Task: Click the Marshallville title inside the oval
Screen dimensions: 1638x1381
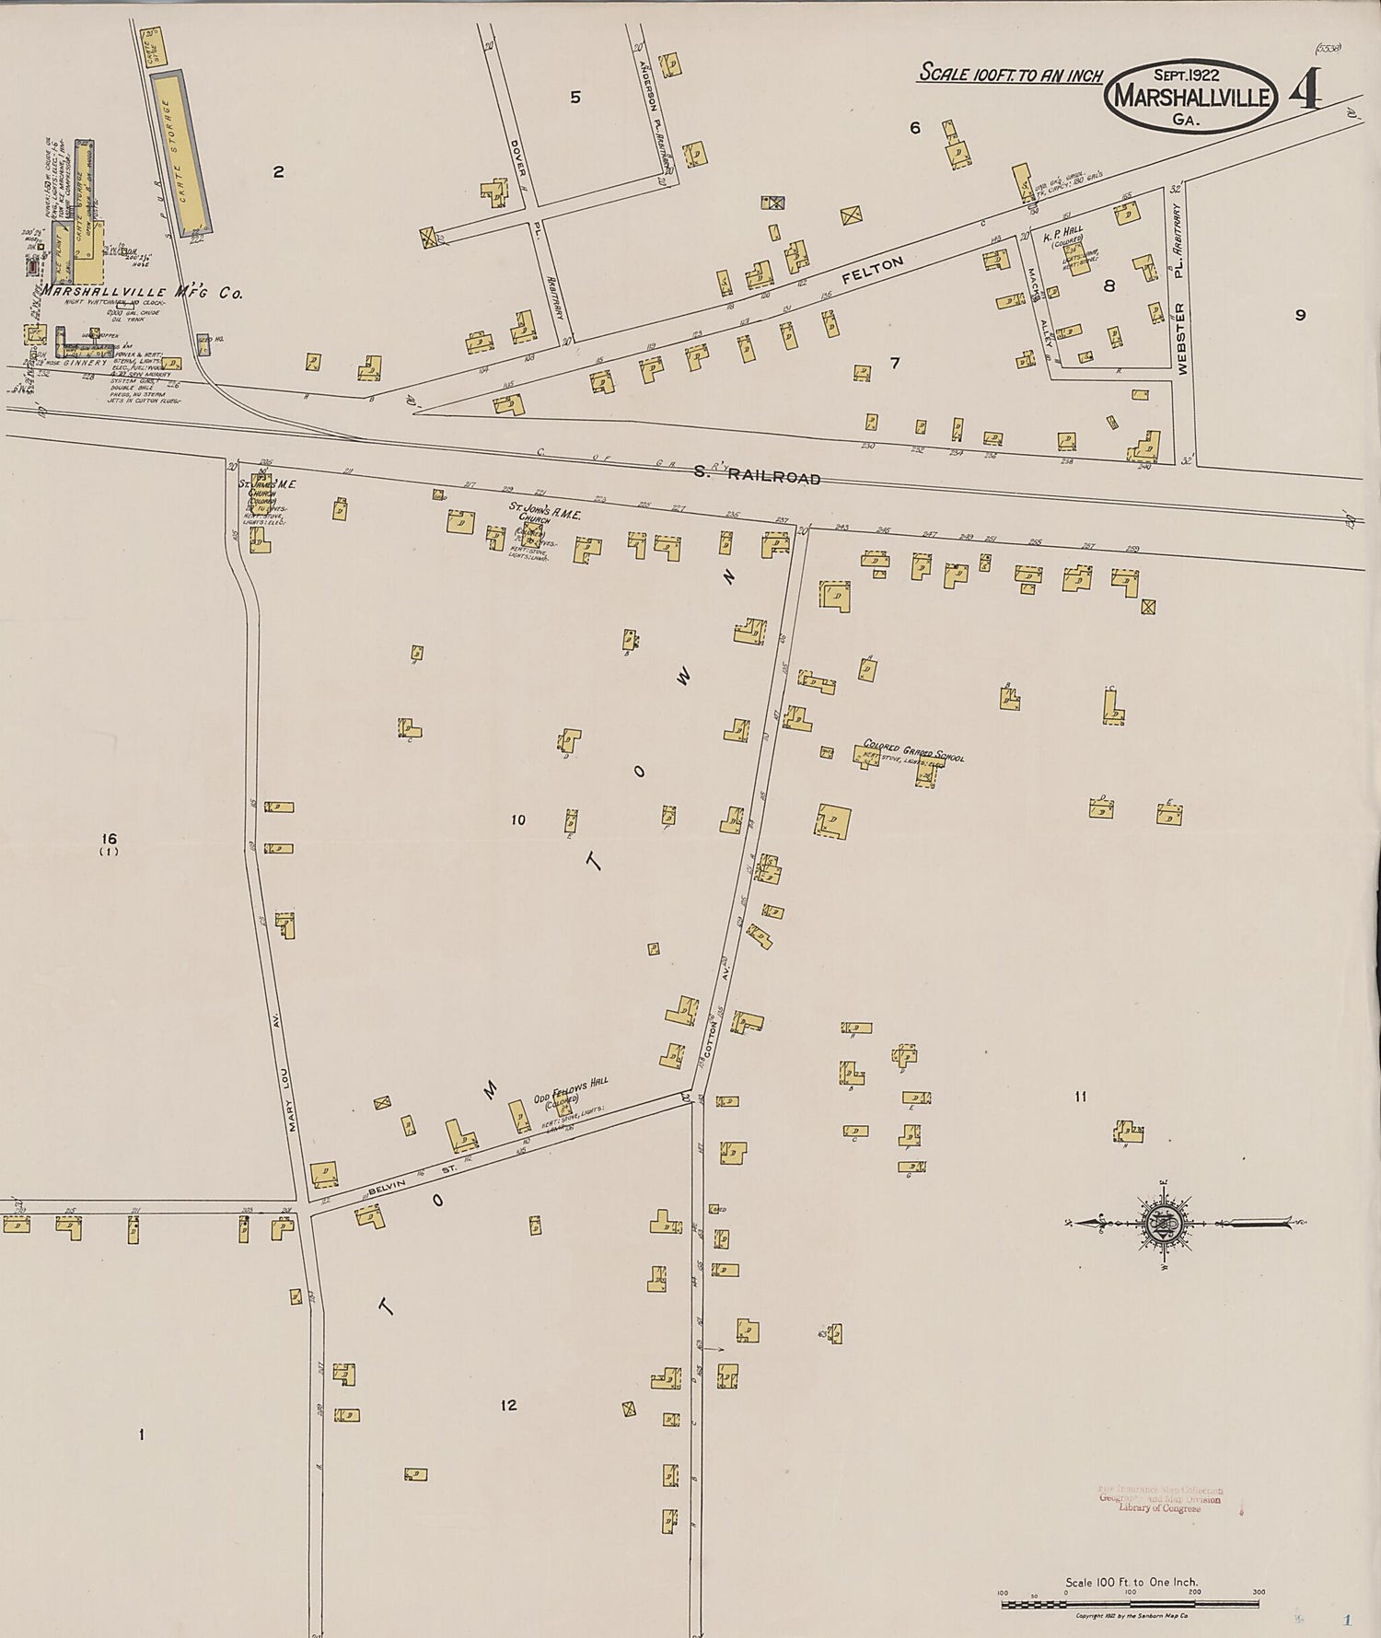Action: tap(1193, 97)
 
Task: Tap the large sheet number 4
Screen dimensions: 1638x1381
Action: tap(1306, 90)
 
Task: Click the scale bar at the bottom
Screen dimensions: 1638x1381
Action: tap(1131, 1604)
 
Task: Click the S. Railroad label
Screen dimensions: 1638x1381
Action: tap(756, 476)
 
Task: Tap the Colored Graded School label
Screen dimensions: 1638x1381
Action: tap(912, 749)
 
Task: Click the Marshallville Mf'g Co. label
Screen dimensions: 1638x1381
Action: tap(140, 293)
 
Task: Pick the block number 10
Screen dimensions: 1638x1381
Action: tap(518, 819)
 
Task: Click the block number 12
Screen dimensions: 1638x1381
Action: tap(508, 1405)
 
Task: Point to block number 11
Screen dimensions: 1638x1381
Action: tap(1080, 1097)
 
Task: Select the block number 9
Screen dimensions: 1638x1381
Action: tap(1300, 315)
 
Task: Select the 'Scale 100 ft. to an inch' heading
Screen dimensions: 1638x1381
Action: tap(1009, 75)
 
